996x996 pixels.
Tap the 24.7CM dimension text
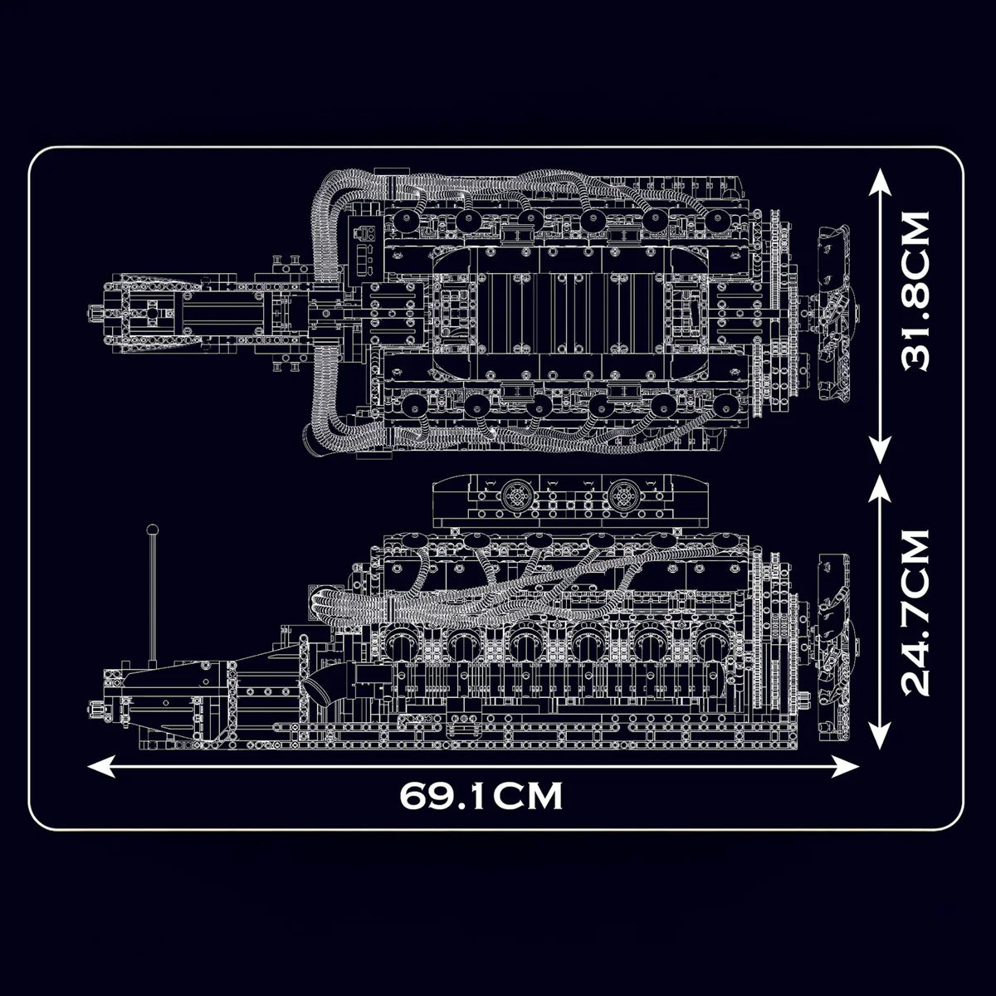click(905, 613)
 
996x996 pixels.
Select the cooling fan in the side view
click(834, 645)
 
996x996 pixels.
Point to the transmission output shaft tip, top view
click(94, 314)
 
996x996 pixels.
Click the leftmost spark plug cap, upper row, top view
click(405, 220)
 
